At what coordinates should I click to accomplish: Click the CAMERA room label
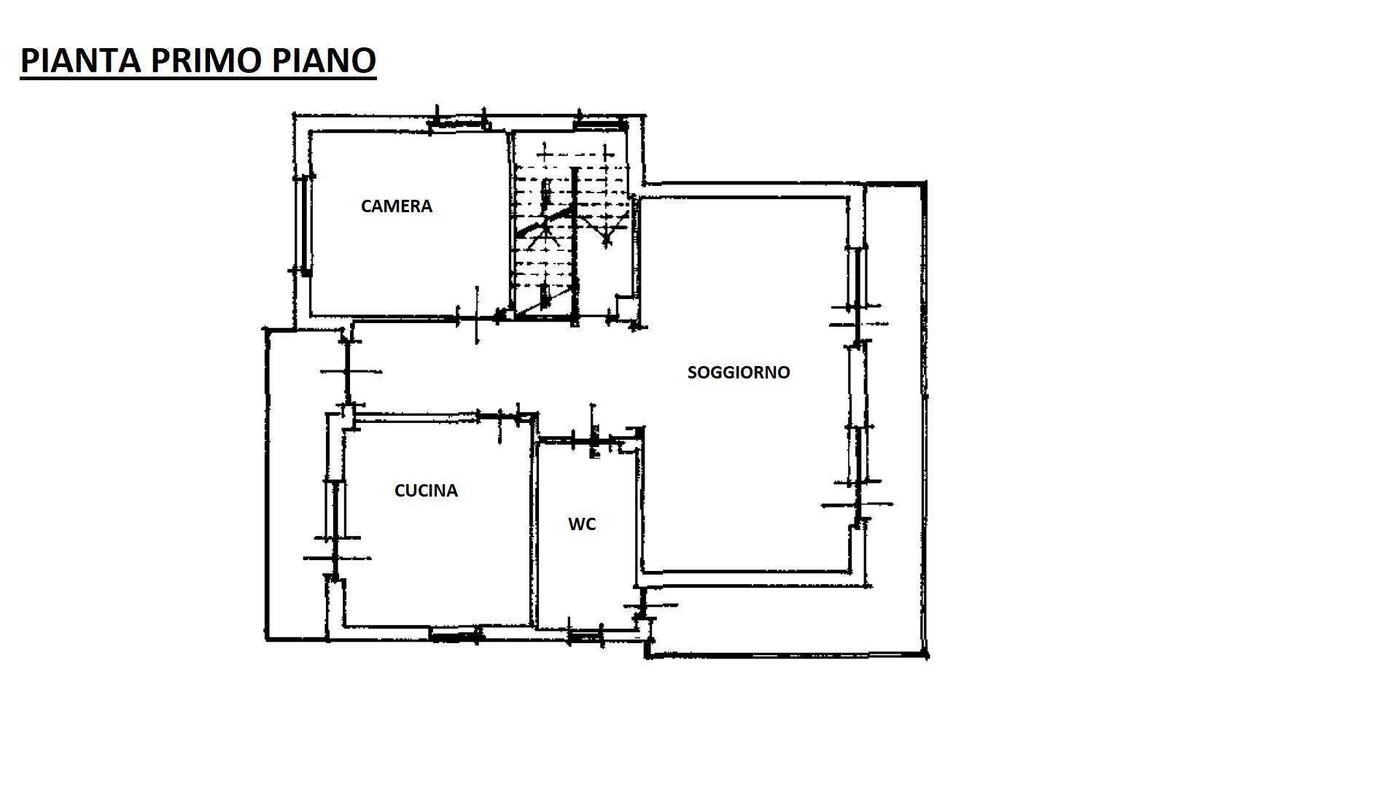pyautogui.click(x=397, y=206)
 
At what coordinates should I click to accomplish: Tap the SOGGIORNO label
pyautogui.click(x=739, y=373)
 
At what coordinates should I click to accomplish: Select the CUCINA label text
pyautogui.click(x=426, y=491)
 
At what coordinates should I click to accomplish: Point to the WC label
pyautogui.click(x=582, y=524)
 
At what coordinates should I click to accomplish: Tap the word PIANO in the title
pyautogui.click(x=324, y=60)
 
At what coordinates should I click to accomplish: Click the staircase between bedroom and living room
pyautogui.click(x=571, y=226)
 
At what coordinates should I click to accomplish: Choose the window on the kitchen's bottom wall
pyautogui.click(x=455, y=635)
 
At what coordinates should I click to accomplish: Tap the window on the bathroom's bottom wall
pyautogui.click(x=585, y=637)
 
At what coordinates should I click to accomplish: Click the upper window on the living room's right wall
pyautogui.click(x=858, y=278)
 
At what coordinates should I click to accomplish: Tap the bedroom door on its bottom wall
pyautogui.click(x=478, y=316)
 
